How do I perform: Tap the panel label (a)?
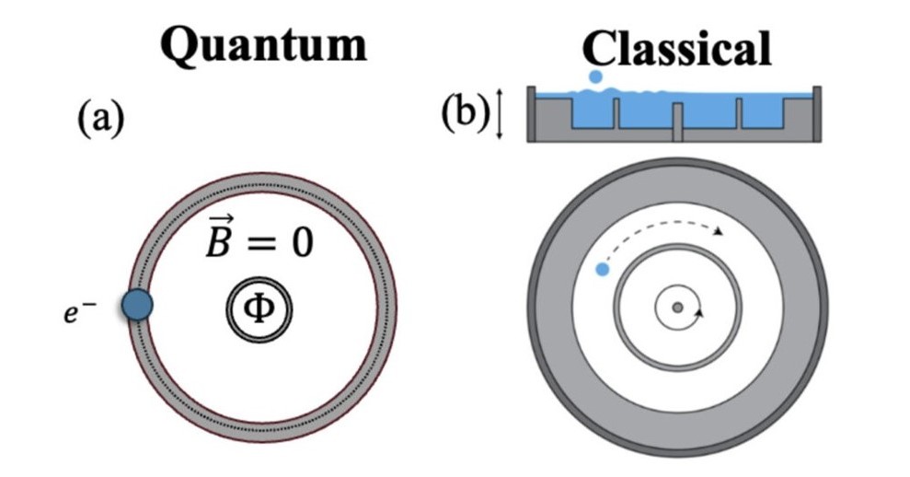tap(98, 119)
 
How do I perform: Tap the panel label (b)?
tap(466, 119)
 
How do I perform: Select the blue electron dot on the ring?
tap(136, 305)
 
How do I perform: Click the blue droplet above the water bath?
tap(596, 78)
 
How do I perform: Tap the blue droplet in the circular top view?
tap(603, 269)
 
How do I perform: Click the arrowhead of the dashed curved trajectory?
tap(718, 232)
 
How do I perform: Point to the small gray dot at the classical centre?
tap(677, 308)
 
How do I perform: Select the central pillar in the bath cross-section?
tap(677, 122)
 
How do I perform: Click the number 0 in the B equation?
tap(298, 241)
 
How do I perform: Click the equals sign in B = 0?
tap(260, 242)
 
